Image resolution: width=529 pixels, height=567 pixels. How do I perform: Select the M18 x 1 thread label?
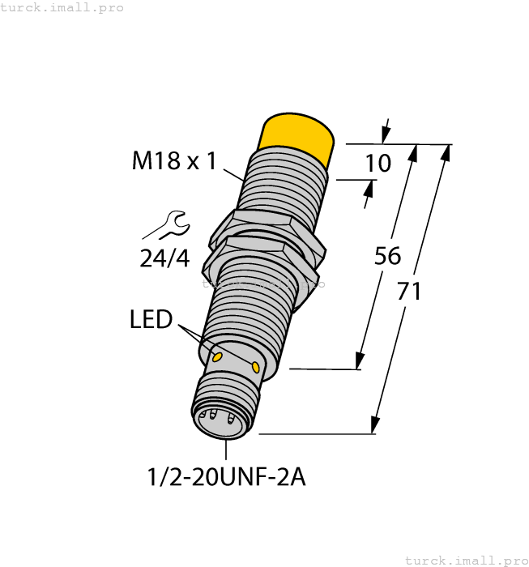pos(174,162)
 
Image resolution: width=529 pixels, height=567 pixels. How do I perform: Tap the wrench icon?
pos(173,224)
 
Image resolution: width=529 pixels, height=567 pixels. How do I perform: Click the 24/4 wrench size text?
pos(164,258)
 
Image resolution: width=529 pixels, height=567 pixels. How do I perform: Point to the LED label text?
pos(151,320)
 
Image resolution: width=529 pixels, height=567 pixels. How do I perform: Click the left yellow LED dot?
pos(216,356)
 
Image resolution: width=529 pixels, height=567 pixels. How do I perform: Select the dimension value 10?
pos(378,164)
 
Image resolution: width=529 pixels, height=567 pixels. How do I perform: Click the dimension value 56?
pos(387,256)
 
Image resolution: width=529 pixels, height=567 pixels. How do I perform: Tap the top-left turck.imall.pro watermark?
pos(62,7)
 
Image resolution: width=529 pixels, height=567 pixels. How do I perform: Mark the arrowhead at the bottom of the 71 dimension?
pos(375,425)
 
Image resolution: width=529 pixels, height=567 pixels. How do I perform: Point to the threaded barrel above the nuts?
pos(284,182)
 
